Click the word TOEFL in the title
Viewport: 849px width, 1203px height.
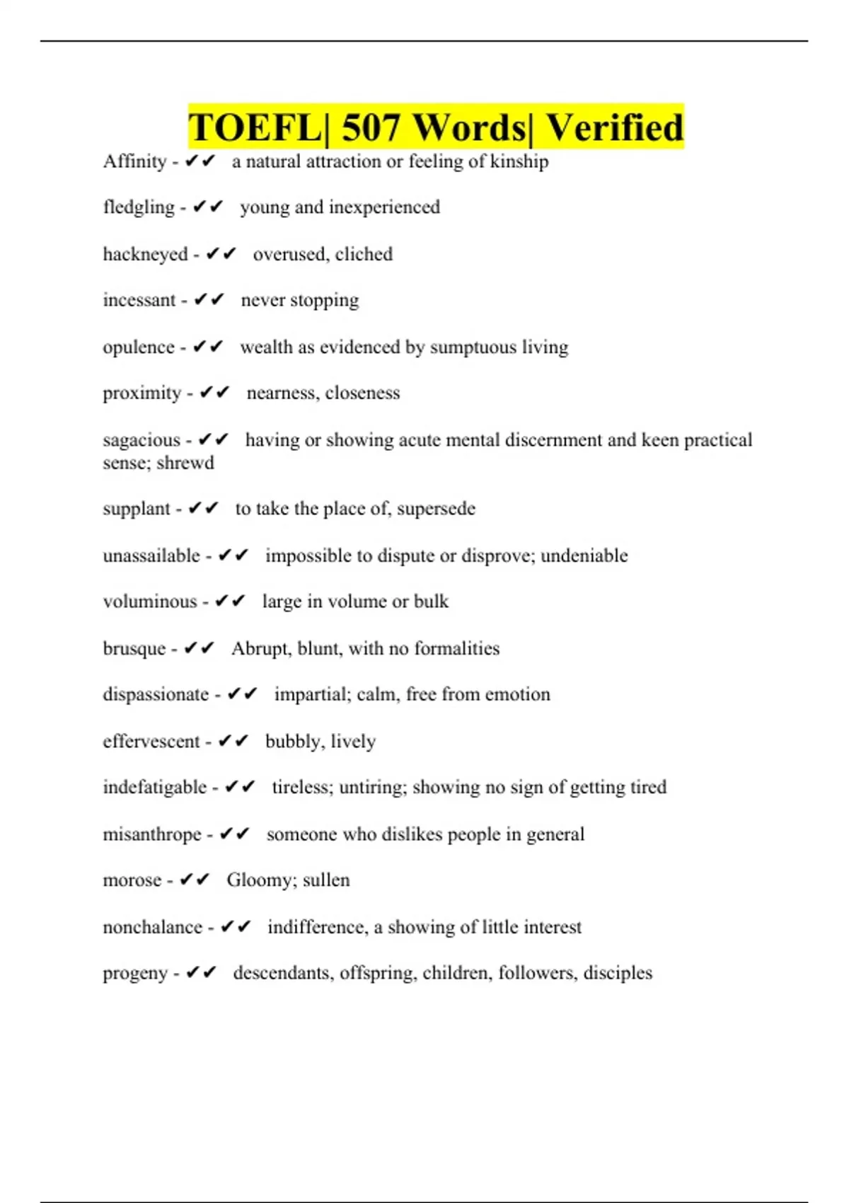pos(254,128)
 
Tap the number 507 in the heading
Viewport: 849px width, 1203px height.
pos(370,128)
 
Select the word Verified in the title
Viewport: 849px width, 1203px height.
pos(614,128)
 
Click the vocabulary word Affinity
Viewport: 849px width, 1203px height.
pos(134,162)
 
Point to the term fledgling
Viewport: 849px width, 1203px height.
pos(139,207)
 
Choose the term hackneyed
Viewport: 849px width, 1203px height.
pos(145,255)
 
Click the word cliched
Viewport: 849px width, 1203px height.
pos(364,254)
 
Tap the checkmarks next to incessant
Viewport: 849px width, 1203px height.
pos(209,300)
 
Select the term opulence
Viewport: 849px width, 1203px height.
pos(139,347)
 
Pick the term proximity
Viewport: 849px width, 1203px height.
pos(142,393)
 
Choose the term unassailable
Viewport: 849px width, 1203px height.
pos(151,556)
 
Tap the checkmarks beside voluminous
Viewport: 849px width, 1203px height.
pos(229,601)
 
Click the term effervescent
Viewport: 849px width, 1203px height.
pos(151,742)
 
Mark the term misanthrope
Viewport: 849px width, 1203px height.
pos(152,835)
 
